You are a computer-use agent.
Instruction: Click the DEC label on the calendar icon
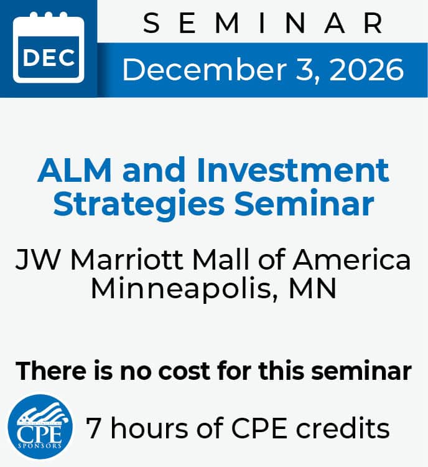click(x=49, y=58)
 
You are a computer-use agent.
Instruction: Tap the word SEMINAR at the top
click(x=263, y=23)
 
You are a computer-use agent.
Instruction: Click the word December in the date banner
click(x=204, y=69)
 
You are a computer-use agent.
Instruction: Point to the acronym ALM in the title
click(x=75, y=170)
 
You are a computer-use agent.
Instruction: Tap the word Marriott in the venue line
click(x=126, y=260)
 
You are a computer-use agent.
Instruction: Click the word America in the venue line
click(x=352, y=260)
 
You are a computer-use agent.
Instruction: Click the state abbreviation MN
click(x=312, y=288)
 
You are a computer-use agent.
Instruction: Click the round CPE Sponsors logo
click(x=40, y=427)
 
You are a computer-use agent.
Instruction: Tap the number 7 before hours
click(x=93, y=428)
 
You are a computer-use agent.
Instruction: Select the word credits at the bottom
click(x=343, y=428)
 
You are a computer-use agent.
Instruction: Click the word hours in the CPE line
click(x=149, y=428)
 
